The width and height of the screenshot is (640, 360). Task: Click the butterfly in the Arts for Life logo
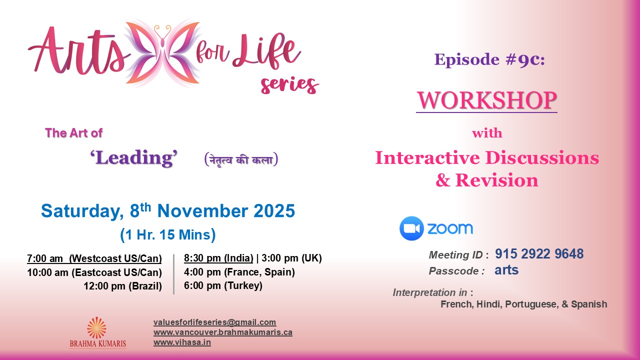coord(162,53)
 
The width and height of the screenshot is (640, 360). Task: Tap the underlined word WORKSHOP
coord(486,100)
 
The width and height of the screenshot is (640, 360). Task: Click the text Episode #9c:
coord(489,59)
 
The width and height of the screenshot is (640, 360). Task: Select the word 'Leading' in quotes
coord(133,157)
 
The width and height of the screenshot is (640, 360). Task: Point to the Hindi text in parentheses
coord(241,159)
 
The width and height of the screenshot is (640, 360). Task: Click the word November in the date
coord(202,211)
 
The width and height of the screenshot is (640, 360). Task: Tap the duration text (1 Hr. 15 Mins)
coord(167,235)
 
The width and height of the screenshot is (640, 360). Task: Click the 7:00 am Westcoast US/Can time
coord(94,258)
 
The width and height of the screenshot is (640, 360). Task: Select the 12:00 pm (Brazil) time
coord(122,286)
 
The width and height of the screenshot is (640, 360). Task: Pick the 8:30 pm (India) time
coord(218,258)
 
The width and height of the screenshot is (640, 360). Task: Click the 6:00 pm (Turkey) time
coord(223,285)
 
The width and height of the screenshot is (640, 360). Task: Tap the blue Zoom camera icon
coord(411,228)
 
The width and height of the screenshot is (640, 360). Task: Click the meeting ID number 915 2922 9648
coord(539,253)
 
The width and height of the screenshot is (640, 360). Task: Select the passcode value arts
coord(506,270)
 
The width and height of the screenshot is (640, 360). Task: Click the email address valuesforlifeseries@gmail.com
coord(214,322)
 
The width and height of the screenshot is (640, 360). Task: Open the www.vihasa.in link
coord(182,342)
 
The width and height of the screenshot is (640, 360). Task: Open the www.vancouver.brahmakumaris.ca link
coord(223,332)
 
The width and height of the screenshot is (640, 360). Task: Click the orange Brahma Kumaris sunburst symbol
coord(97,327)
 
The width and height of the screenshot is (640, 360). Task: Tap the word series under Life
coord(289,85)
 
